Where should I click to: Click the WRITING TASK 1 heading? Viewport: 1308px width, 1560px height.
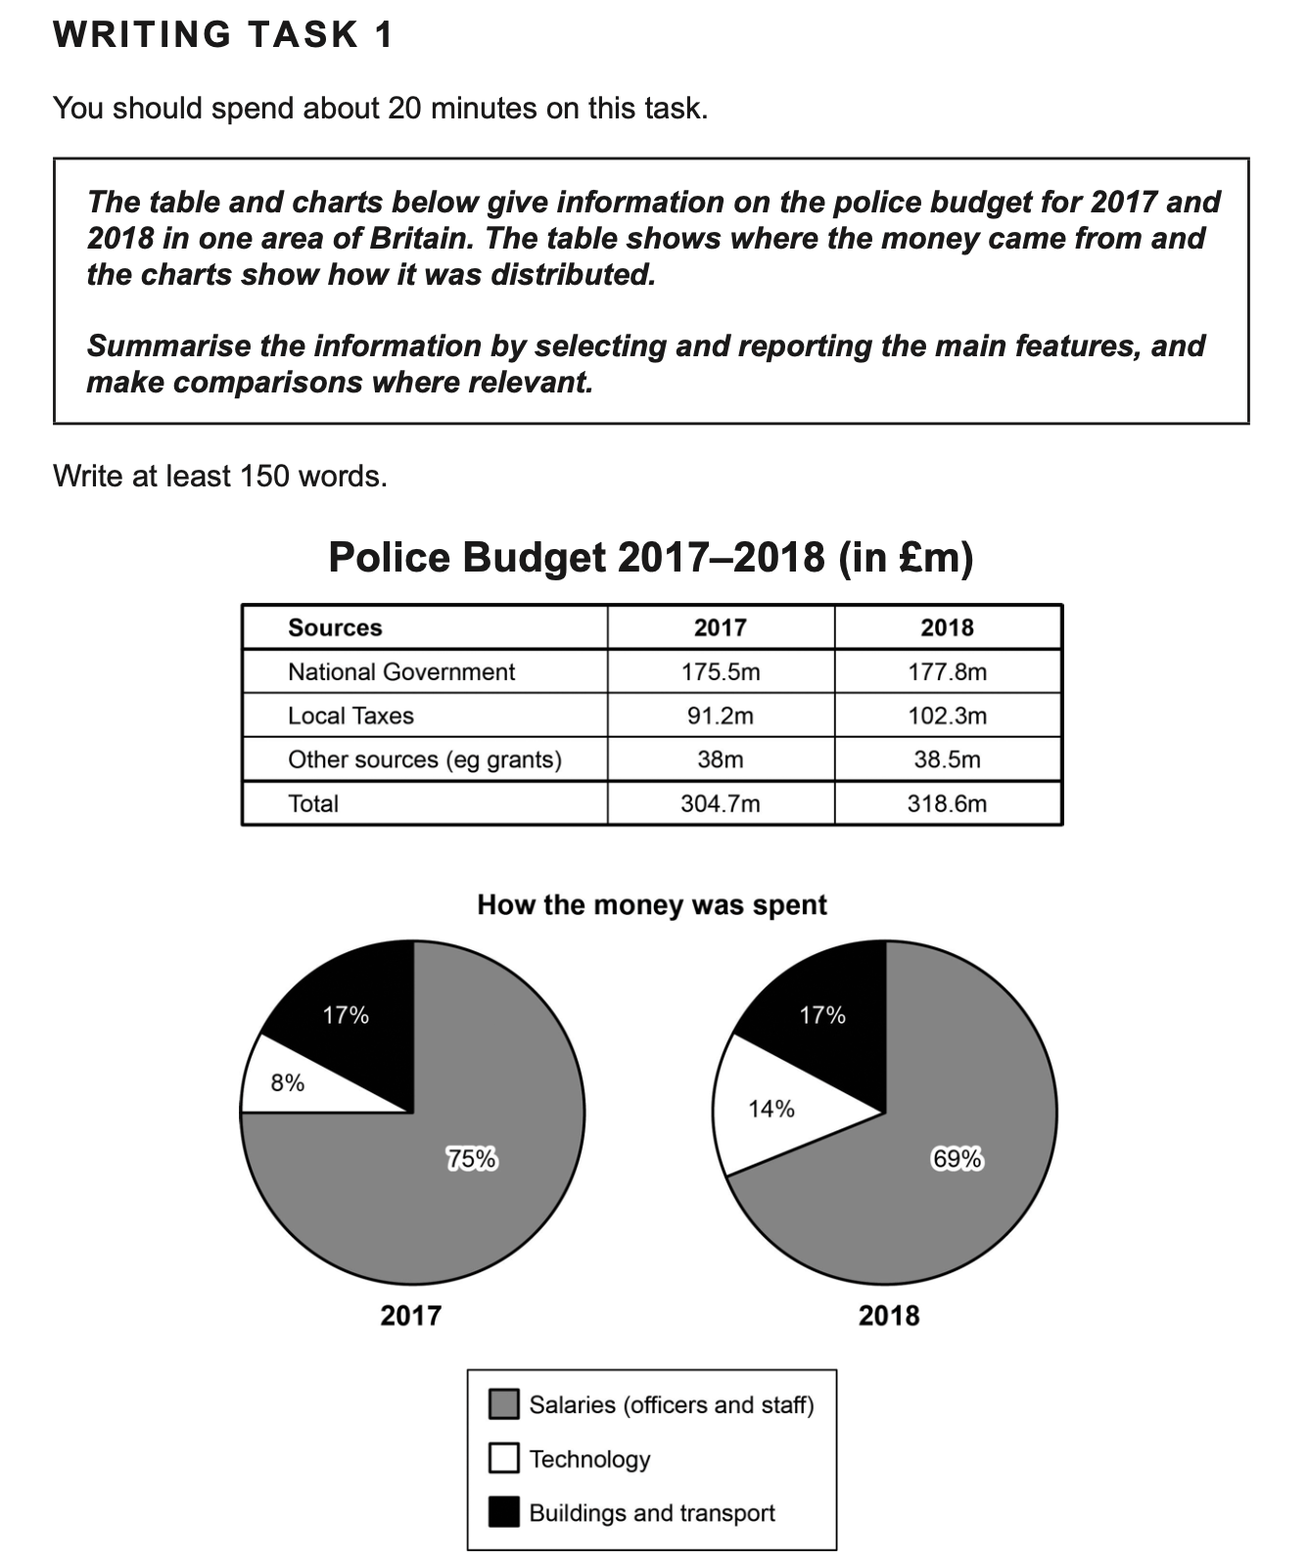pos(223,35)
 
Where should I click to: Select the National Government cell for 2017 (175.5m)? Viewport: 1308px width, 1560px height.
pos(721,672)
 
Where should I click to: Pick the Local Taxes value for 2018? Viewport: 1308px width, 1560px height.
pos(947,716)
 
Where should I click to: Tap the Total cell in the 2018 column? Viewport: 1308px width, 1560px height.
pos(947,804)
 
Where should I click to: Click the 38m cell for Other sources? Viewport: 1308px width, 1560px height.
pos(721,760)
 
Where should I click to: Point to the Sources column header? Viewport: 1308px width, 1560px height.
pos(335,628)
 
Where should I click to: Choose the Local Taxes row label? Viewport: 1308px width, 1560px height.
pos(350,716)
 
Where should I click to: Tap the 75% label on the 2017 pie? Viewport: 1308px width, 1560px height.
pos(472,1159)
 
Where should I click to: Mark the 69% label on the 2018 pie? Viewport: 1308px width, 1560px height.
pos(957,1159)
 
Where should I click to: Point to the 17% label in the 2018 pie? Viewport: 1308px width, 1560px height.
pos(822,1015)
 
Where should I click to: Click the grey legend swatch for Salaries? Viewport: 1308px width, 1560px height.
pos(503,1404)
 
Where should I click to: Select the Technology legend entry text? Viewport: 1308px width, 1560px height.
pos(589,1459)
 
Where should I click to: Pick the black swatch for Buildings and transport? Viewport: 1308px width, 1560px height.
pos(503,1513)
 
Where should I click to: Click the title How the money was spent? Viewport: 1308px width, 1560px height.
pos(652,905)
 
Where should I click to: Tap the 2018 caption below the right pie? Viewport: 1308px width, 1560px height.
pos(889,1315)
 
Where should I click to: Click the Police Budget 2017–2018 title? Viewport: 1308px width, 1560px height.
pos(651,558)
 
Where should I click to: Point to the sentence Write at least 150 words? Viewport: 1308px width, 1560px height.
pos(220,477)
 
